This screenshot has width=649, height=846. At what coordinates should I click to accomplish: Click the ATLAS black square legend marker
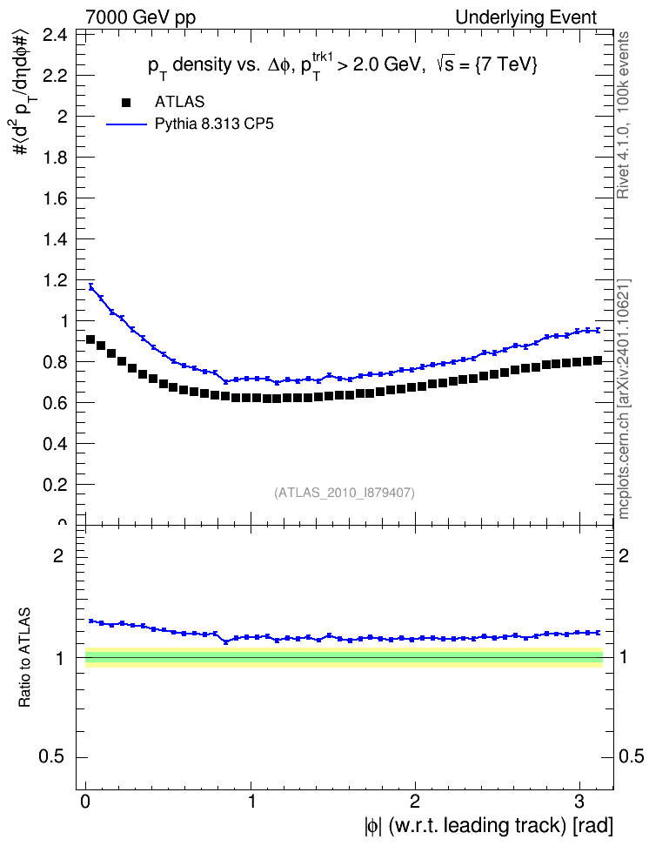[126, 103]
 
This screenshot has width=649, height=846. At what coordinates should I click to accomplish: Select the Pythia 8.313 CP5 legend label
[214, 124]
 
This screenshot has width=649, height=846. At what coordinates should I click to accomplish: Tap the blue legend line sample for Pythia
[126, 124]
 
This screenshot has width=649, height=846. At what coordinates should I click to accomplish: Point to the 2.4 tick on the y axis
[56, 36]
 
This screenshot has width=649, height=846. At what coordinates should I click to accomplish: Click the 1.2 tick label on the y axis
[56, 280]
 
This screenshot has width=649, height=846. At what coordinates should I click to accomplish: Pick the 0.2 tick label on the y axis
[56, 485]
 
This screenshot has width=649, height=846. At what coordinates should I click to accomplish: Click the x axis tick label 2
[415, 802]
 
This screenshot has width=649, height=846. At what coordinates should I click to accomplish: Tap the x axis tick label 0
[86, 802]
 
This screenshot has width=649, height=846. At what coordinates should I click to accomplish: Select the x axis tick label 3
[579, 802]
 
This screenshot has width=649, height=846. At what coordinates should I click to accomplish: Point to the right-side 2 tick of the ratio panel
[623, 555]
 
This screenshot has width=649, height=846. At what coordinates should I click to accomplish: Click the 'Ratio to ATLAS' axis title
[24, 657]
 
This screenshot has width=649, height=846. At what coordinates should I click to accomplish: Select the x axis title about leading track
[489, 826]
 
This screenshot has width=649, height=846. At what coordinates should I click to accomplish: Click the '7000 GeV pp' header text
[141, 17]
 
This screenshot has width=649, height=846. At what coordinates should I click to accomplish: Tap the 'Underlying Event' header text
[526, 17]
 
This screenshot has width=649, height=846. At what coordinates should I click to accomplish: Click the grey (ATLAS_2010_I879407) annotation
[345, 493]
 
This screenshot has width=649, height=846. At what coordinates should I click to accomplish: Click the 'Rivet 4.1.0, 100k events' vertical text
[623, 115]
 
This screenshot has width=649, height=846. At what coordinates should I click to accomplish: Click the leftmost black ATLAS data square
[90, 339]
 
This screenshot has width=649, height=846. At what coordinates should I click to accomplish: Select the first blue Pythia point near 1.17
[90, 287]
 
